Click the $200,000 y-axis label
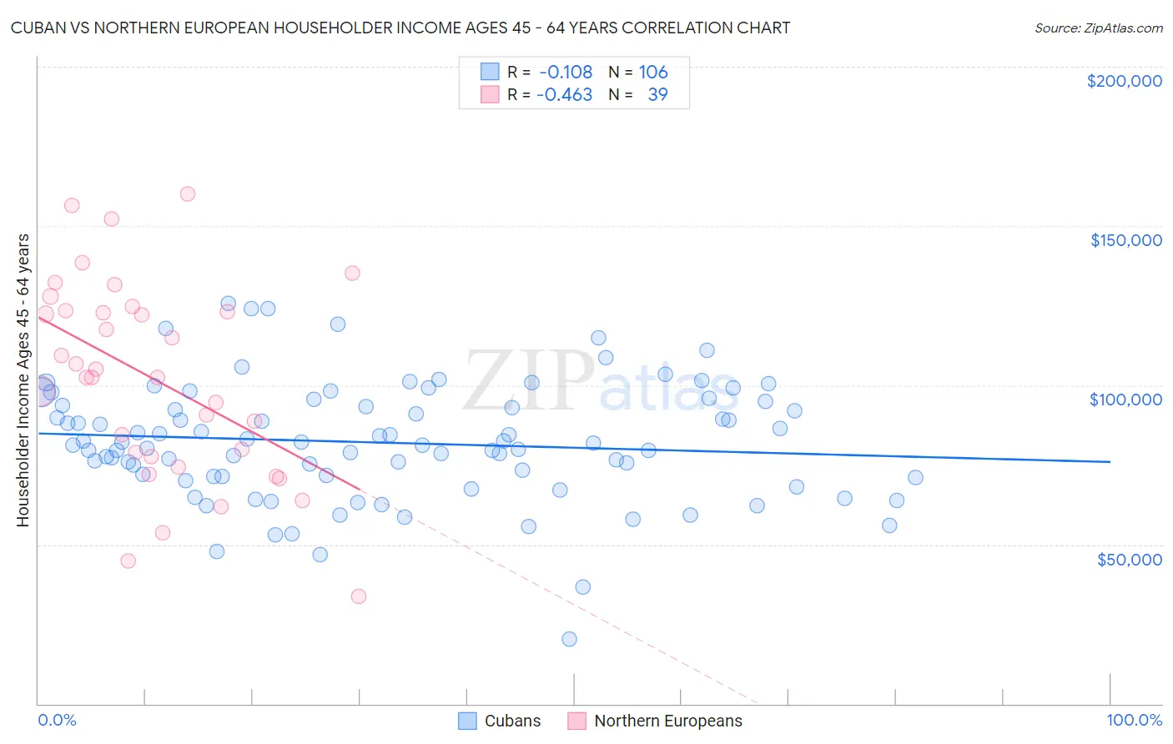(1124, 81)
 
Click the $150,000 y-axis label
(1125, 240)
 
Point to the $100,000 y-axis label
(1125, 400)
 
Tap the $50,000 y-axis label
(1129, 559)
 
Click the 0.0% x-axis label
(58, 721)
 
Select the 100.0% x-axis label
(1134, 721)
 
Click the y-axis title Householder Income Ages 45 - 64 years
(23, 380)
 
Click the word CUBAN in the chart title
(37, 28)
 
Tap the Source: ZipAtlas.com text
(1098, 28)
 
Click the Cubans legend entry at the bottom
(500, 721)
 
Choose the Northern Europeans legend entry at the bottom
(655, 721)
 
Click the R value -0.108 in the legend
(566, 72)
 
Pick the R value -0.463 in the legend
(564, 94)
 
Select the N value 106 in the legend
(653, 72)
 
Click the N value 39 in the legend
(657, 94)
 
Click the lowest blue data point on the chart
(569, 639)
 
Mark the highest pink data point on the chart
(188, 194)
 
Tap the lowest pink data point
(359, 596)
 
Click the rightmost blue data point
(915, 477)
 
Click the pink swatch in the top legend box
(489, 94)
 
